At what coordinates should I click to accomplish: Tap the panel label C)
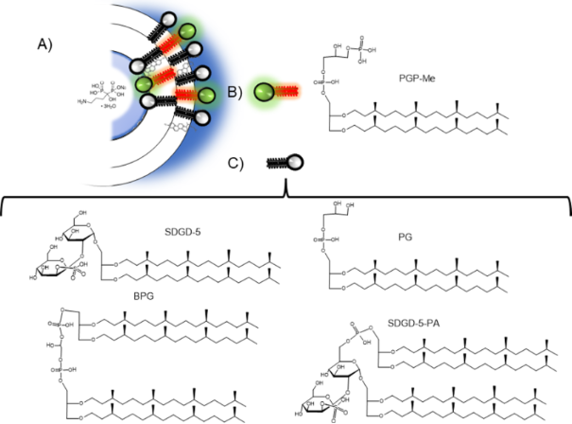click(x=237, y=162)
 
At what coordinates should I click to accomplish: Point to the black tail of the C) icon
click(x=277, y=163)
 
